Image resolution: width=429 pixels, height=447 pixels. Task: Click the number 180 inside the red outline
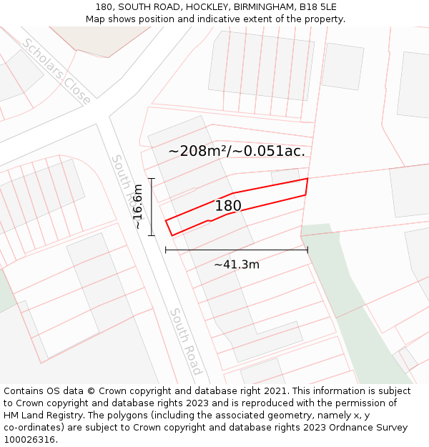click(x=228, y=206)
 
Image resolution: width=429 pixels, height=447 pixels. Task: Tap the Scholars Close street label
click(x=56, y=72)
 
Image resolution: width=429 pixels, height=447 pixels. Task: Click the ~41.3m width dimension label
click(x=237, y=265)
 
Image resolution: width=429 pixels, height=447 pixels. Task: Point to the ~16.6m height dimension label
click(x=137, y=207)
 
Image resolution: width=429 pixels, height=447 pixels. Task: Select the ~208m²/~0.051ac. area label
click(x=237, y=151)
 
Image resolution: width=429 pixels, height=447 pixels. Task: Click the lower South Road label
click(x=185, y=342)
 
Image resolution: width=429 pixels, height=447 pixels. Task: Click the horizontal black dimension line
click(x=236, y=250)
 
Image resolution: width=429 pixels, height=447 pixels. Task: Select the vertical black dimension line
click(x=152, y=207)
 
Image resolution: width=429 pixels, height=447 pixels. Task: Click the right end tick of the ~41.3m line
click(x=307, y=250)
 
